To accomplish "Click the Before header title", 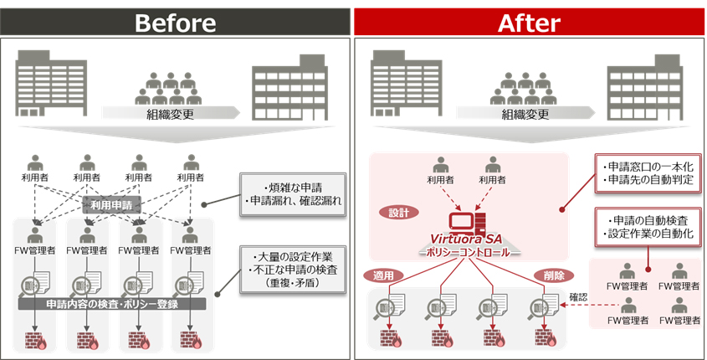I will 176,22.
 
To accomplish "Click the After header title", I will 529,22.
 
